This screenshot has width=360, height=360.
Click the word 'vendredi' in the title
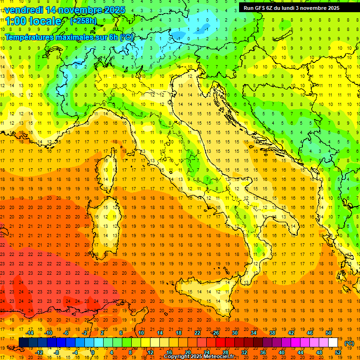coord(23,10)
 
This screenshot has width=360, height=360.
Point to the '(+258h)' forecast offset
coord(83,21)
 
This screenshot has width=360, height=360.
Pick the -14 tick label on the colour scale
coord(30,333)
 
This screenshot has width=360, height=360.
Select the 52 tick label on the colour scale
coord(338,352)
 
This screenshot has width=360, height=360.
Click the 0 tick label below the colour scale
coord(93,352)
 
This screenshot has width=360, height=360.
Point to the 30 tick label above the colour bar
coord(234,333)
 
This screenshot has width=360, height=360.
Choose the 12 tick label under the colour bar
coord(150,352)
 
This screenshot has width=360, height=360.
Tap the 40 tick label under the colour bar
coord(281,352)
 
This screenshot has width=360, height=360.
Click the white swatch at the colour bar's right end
coord(333,343)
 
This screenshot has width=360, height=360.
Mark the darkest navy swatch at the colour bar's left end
coord(23,343)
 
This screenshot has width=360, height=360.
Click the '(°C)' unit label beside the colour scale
coord(349,343)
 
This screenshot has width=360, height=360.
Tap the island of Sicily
coord(202,295)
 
